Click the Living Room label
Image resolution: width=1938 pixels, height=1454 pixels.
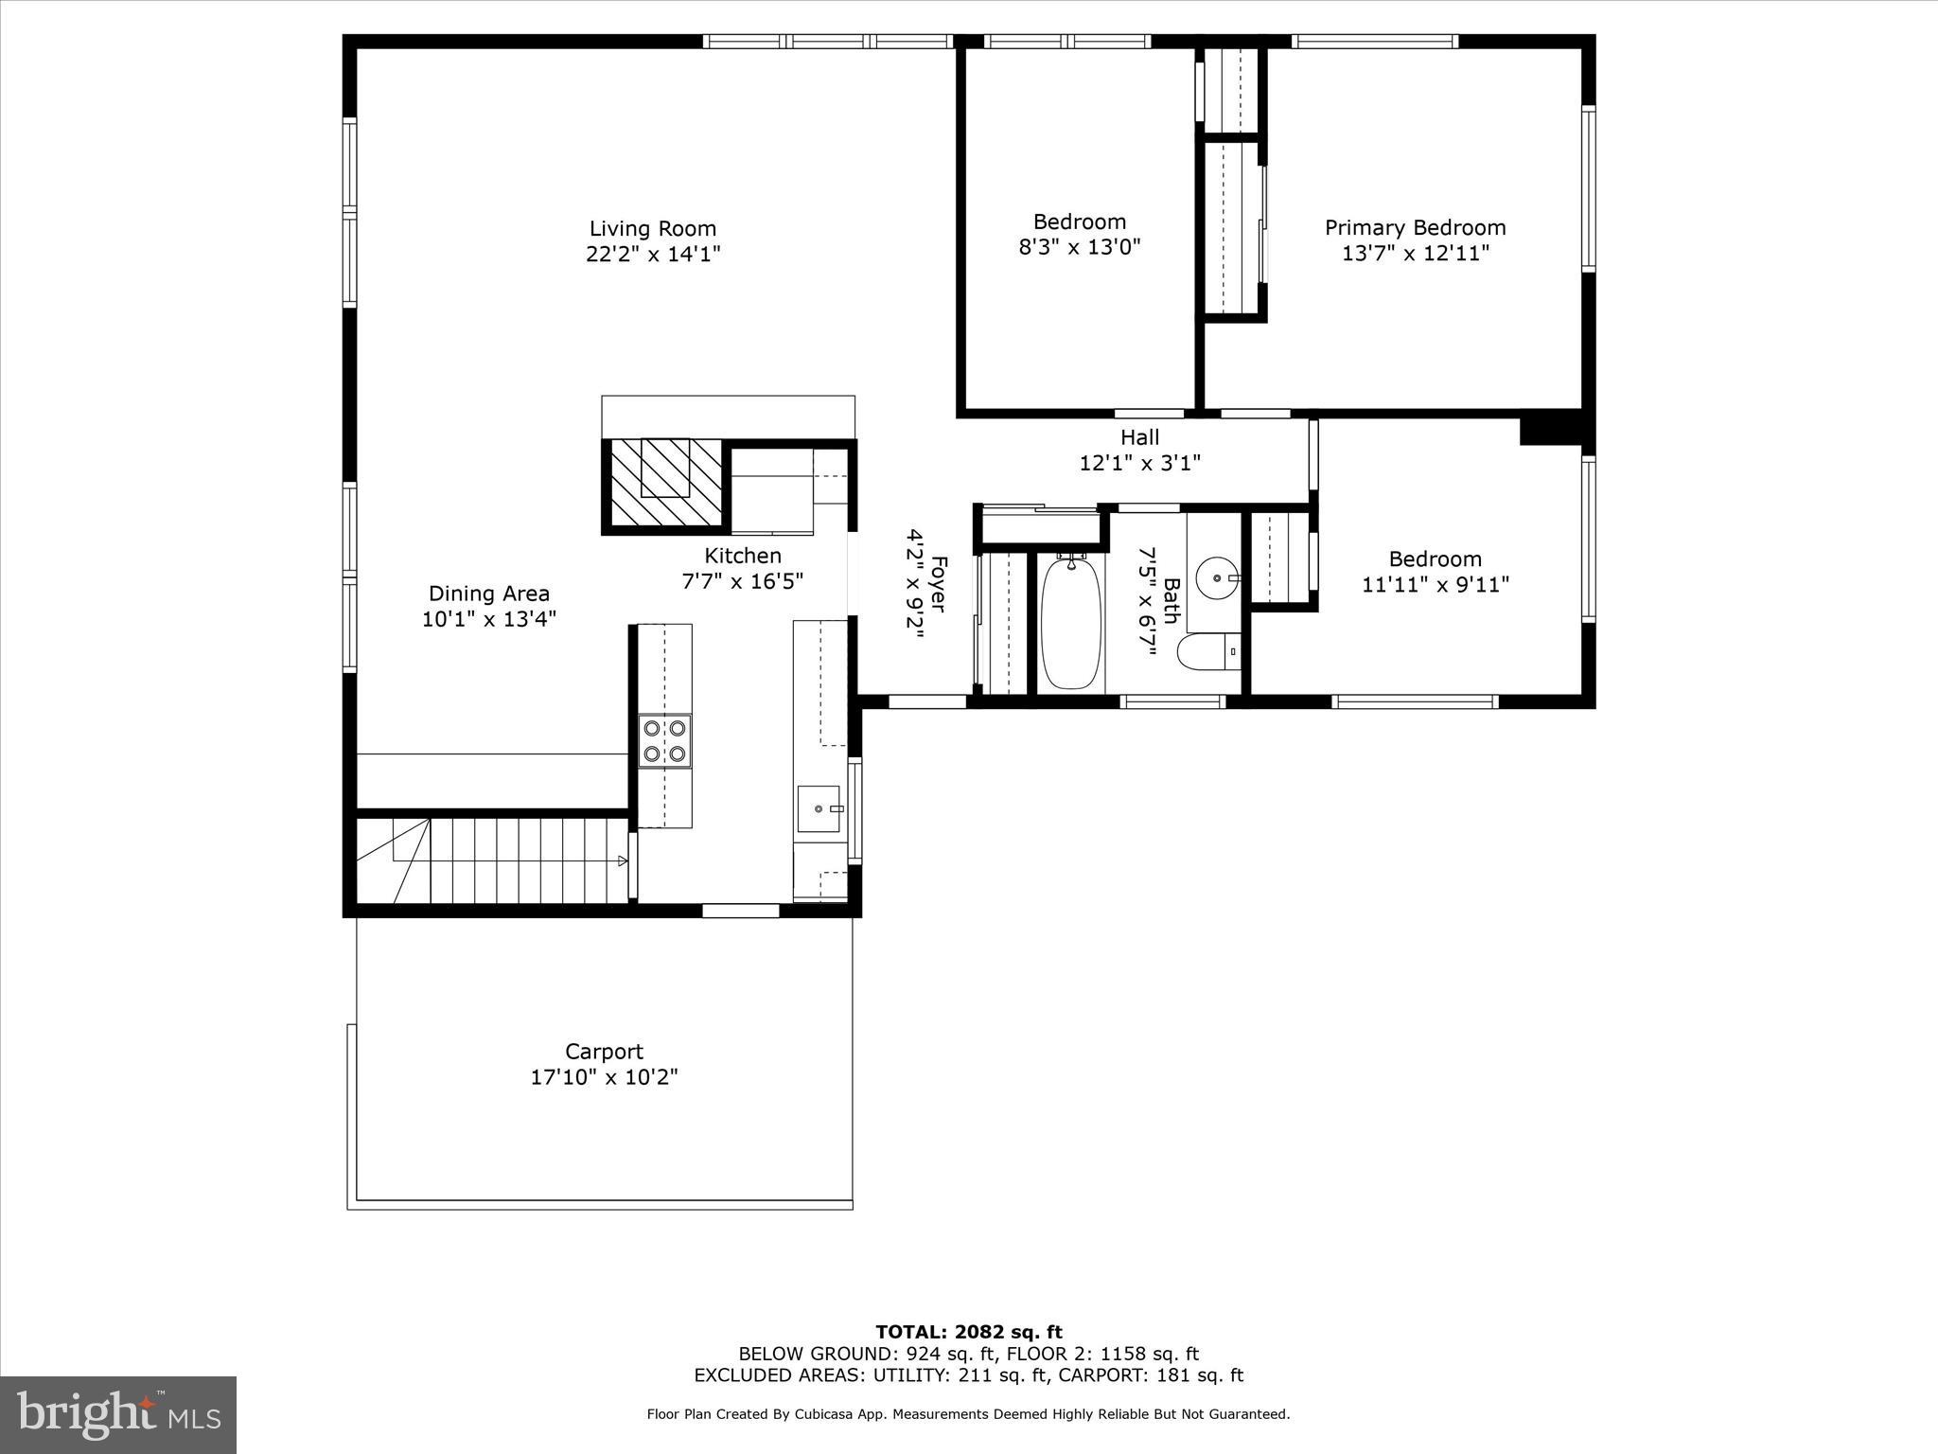(x=652, y=229)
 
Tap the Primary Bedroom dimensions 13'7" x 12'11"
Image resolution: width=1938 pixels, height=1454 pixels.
(x=1415, y=254)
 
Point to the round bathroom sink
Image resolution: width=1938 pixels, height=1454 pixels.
(x=1215, y=576)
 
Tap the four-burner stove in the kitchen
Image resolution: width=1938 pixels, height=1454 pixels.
(x=664, y=741)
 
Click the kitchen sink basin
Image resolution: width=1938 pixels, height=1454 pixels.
(x=819, y=809)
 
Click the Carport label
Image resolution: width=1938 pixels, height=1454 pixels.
(x=604, y=1052)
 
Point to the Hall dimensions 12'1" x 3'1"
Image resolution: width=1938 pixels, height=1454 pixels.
(x=1139, y=464)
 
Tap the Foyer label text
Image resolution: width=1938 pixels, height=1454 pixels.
(x=938, y=583)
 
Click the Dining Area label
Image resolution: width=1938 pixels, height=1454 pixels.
(x=488, y=594)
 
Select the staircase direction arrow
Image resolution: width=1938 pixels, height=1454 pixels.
(x=622, y=860)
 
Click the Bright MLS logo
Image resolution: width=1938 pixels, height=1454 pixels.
(x=118, y=1414)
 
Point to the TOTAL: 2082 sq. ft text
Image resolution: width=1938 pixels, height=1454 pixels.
(x=968, y=1333)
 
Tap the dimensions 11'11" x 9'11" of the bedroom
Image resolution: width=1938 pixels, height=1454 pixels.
(x=1435, y=585)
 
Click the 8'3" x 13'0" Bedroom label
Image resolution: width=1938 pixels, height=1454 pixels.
(x=1079, y=222)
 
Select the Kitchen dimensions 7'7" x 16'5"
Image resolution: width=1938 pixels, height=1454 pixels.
(x=742, y=581)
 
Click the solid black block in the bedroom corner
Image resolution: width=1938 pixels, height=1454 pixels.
(x=1550, y=427)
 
